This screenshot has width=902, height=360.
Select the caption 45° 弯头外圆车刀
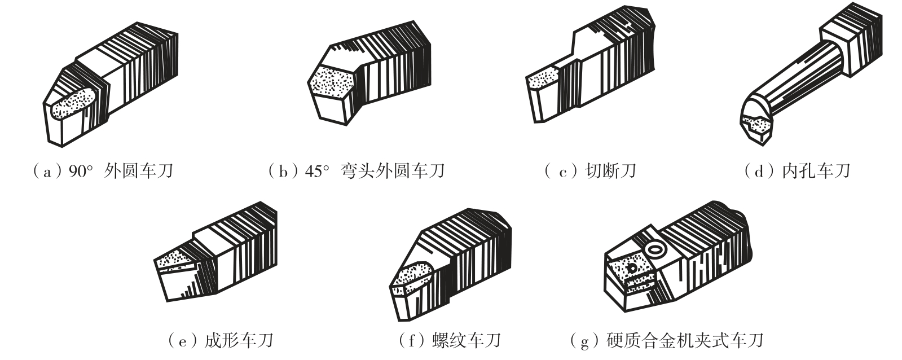375,171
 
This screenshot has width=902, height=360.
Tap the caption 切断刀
611,171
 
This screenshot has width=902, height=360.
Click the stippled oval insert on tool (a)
75,103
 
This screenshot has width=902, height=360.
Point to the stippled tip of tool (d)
757,125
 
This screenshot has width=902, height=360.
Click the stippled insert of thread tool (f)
412,278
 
